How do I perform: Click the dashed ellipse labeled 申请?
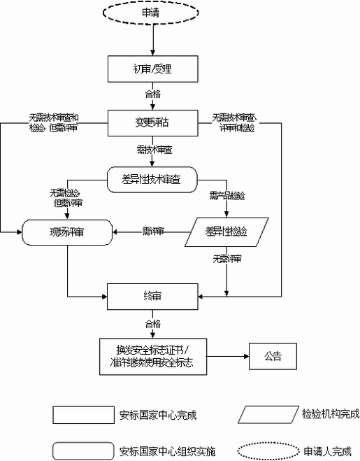(152, 13)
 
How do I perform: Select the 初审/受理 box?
(152, 69)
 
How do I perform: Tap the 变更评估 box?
(152, 122)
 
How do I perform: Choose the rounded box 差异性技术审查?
(152, 178)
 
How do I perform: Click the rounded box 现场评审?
(66, 231)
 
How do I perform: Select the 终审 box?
(152, 296)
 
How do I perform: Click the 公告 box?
(272, 356)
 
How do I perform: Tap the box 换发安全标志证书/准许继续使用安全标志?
(152, 356)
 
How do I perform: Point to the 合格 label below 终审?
(152, 324)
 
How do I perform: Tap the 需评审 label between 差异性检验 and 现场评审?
(152, 231)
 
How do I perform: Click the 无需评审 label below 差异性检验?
(226, 259)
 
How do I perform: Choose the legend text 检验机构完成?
(331, 413)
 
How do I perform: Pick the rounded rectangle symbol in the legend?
(82, 450)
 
